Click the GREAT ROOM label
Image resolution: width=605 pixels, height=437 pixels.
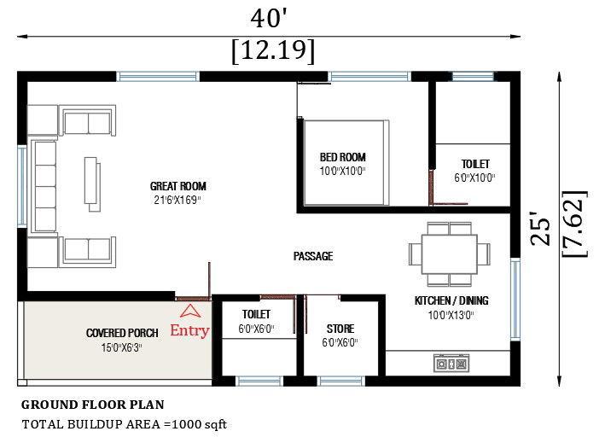177,186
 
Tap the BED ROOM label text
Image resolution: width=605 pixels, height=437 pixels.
343,157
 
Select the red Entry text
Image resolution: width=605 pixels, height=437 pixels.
189,331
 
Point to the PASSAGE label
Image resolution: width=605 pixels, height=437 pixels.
312,256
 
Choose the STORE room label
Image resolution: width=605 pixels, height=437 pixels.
340,329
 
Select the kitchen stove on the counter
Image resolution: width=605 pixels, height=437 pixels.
451,364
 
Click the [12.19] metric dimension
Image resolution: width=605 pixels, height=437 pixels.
272,51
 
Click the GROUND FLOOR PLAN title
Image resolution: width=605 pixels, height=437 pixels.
92,405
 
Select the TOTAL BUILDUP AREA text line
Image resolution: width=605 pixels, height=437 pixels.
124,423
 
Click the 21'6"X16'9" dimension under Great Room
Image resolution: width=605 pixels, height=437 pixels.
177,200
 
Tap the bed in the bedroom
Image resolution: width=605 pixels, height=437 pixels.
345,162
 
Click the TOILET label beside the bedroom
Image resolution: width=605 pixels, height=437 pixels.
475,164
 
